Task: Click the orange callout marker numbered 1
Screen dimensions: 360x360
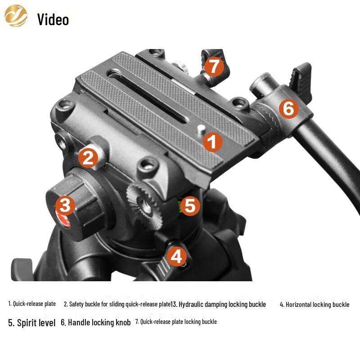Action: pyautogui.click(x=212, y=143)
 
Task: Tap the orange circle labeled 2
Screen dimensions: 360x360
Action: pyautogui.click(x=88, y=158)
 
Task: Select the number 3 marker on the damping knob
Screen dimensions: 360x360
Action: pyautogui.click(x=65, y=206)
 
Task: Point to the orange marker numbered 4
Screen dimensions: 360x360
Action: pyautogui.click(x=177, y=256)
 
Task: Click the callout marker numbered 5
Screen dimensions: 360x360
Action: pyautogui.click(x=190, y=206)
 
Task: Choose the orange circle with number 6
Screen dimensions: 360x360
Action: pyautogui.click(x=288, y=108)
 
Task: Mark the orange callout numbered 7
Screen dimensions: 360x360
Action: pyautogui.click(x=214, y=67)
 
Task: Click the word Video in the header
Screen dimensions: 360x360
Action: pyautogui.click(x=53, y=19)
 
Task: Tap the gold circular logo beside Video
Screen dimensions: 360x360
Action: pyautogui.click(x=16, y=16)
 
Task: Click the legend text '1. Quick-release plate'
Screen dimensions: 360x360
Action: pyautogui.click(x=32, y=304)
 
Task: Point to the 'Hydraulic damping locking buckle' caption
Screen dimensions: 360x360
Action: pyautogui.click(x=220, y=304)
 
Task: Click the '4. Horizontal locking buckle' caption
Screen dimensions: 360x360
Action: pyautogui.click(x=315, y=305)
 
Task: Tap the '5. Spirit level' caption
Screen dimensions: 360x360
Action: pyautogui.click(x=32, y=323)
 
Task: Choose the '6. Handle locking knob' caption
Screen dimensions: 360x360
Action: pyautogui.click(x=96, y=323)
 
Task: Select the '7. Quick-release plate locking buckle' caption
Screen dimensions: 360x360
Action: pyautogui.click(x=176, y=322)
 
